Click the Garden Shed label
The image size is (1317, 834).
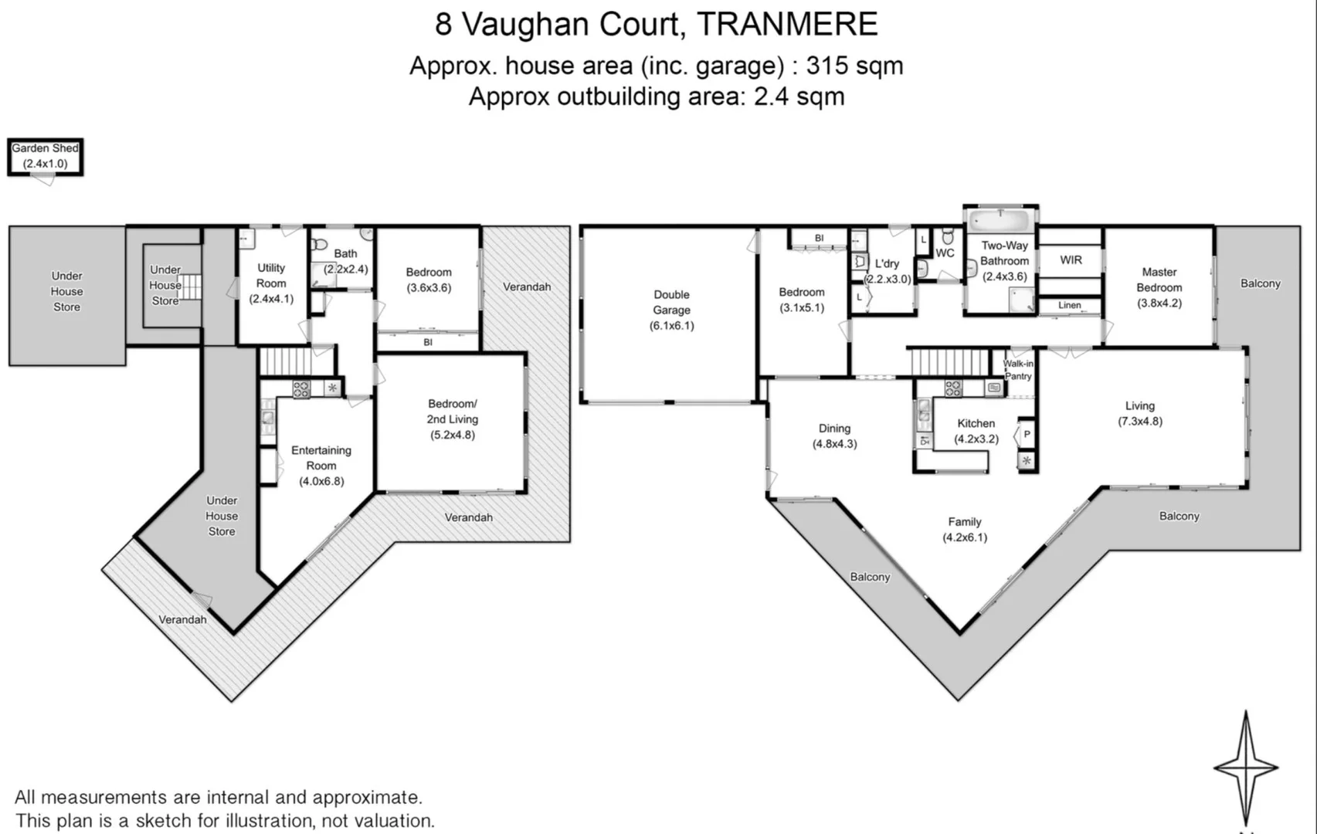point(45,148)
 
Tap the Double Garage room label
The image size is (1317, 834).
point(671,302)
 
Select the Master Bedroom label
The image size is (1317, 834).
point(1159,280)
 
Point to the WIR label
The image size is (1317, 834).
point(1071,259)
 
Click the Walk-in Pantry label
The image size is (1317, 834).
point(1018,370)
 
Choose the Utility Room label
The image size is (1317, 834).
point(271,276)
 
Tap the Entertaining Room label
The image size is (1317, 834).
point(321,458)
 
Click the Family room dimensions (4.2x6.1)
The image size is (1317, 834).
point(965,537)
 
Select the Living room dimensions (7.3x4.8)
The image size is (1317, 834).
point(1139,422)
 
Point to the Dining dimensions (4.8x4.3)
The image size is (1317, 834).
point(834,444)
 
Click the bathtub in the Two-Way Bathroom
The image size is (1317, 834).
point(1000,220)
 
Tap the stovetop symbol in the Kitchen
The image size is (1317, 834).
point(953,388)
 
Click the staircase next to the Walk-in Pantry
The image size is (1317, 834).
point(949,362)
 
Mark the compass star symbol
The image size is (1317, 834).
point(1245,768)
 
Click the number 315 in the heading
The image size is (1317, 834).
point(827,66)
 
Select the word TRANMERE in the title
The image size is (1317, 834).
point(787,25)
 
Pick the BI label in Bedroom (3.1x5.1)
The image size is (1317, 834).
point(819,238)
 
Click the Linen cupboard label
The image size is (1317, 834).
point(1069,305)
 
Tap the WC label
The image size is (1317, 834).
point(945,253)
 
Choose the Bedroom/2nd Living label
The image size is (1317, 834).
point(453,412)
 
